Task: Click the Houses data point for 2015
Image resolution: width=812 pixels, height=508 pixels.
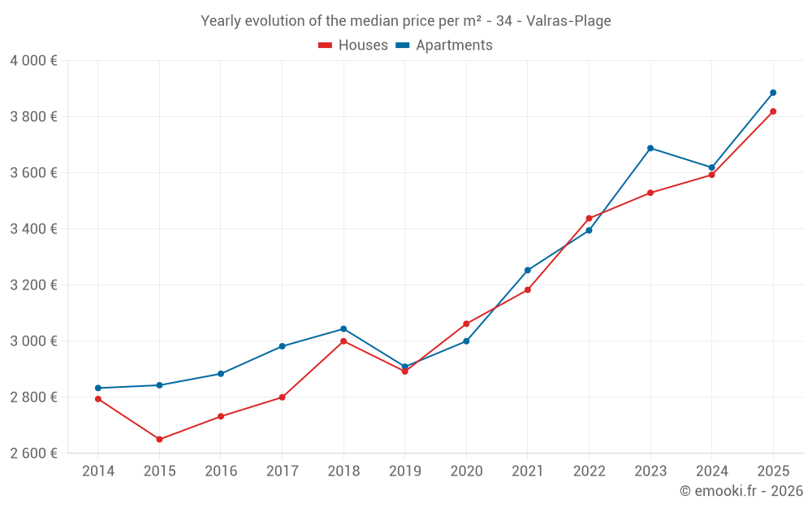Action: tap(159, 440)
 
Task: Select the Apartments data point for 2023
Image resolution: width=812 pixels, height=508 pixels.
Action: tap(650, 148)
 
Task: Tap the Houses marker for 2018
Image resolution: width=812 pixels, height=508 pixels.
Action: tap(343, 341)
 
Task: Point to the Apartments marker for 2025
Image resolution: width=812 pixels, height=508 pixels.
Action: tap(773, 93)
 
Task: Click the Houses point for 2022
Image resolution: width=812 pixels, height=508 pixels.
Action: tap(589, 218)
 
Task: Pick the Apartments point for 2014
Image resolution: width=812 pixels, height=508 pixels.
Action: tap(98, 388)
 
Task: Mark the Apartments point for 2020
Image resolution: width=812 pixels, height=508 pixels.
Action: tap(466, 341)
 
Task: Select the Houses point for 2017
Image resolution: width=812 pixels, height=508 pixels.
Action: tap(282, 397)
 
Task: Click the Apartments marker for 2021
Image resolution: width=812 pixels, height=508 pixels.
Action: tap(528, 270)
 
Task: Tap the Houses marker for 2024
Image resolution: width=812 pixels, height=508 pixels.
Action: tap(711, 175)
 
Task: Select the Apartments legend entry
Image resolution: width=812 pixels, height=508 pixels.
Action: tap(444, 46)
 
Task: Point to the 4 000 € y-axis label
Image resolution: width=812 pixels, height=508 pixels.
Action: tap(33, 61)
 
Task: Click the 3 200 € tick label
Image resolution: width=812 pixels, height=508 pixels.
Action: tap(33, 285)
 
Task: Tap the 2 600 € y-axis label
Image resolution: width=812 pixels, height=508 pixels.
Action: tap(33, 454)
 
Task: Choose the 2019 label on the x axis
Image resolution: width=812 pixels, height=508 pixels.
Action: tap(404, 471)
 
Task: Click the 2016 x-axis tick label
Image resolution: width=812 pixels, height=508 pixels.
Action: tap(220, 471)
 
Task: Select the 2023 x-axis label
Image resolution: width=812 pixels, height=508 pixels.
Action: tap(650, 471)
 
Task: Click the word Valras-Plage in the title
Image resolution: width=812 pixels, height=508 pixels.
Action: tap(568, 21)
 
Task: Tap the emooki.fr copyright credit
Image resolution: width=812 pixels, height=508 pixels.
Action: tap(741, 491)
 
